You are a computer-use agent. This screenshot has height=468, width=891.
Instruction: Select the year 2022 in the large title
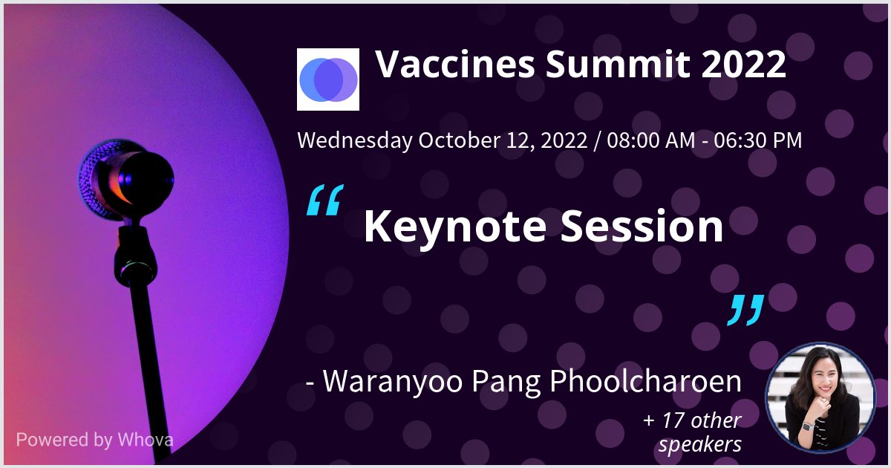pyautogui.click(x=743, y=65)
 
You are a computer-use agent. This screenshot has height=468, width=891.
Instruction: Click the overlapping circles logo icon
pyautogui.click(x=327, y=79)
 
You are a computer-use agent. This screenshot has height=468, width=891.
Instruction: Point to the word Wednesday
pyautogui.click(x=355, y=140)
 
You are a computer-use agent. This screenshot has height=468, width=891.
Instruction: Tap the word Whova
pyautogui.click(x=146, y=439)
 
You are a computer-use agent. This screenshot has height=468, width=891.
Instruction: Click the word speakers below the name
pyautogui.click(x=699, y=444)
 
